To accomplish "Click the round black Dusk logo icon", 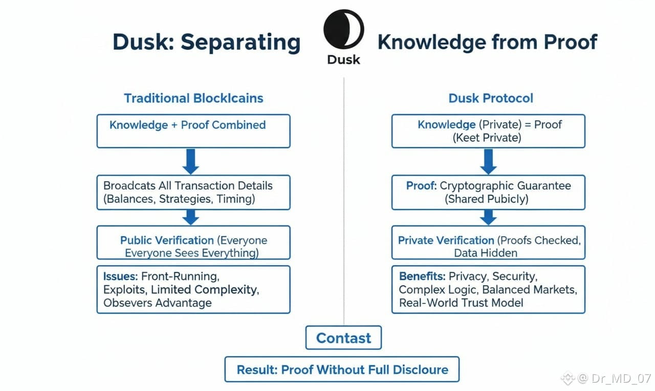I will [x=343, y=29].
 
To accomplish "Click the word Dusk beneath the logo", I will [x=343, y=59].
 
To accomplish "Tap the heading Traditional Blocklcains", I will [x=193, y=98].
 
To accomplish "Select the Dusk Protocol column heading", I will [x=491, y=98].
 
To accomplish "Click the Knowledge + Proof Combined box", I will [x=193, y=131].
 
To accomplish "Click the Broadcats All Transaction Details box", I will [x=193, y=192].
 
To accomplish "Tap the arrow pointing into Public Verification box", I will [x=191, y=217].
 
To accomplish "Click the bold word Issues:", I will [x=120, y=277].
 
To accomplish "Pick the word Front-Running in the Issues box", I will [x=180, y=277].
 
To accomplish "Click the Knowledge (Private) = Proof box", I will [x=488, y=131].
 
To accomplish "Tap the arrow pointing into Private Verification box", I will [x=489, y=217].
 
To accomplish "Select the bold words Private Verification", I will [x=446, y=241].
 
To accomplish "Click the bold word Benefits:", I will [x=422, y=277].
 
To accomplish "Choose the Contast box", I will [x=343, y=338].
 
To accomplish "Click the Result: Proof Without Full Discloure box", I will [x=342, y=370].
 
